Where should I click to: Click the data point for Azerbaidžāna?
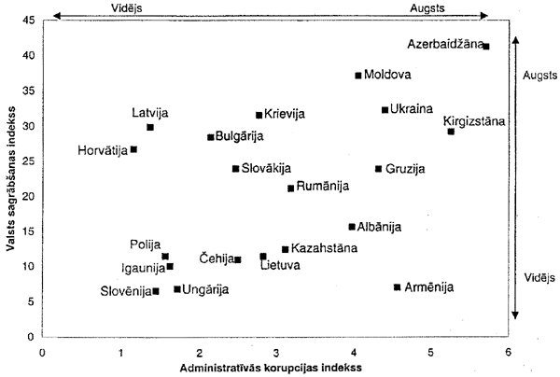[486, 46]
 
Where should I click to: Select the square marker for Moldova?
[358, 76]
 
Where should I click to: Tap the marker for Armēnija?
[398, 287]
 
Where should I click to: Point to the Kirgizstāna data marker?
[451, 132]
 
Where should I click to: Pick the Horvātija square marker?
[133, 149]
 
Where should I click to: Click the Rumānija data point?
[290, 188]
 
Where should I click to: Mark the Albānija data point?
[352, 227]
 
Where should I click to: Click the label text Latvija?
[149, 113]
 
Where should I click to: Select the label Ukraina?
[412, 109]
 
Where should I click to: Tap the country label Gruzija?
[405, 169]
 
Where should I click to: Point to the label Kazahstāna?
[324, 249]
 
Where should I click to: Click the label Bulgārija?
[240, 137]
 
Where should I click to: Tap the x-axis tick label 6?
[508, 352]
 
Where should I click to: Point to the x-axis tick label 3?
[275, 352]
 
